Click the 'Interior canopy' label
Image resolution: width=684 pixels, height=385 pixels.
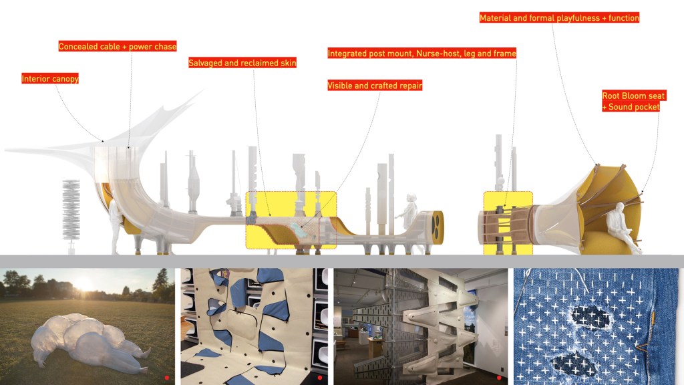click(x=49, y=79)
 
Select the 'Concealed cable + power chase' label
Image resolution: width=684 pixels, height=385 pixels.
click(x=118, y=46)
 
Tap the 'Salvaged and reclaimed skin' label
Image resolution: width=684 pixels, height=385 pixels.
click(x=242, y=63)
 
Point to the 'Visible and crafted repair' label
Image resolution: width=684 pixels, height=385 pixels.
click(x=375, y=86)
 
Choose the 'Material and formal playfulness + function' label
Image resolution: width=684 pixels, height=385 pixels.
click(x=559, y=18)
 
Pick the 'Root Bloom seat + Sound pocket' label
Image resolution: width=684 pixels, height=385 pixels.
click(x=633, y=102)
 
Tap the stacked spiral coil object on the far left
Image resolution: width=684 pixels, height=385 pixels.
click(x=71, y=212)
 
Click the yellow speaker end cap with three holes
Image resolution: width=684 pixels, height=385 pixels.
click(x=438, y=226)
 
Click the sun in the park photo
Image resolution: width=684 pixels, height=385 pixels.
click(x=83, y=284)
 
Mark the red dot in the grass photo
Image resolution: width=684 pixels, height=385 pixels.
click(x=166, y=378)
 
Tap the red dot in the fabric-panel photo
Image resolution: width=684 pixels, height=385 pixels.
click(x=320, y=378)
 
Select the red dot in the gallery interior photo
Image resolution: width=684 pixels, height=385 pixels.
click(x=499, y=378)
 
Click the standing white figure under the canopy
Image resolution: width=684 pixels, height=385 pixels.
click(x=115, y=226)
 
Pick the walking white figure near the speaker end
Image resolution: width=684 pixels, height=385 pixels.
click(x=409, y=213)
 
